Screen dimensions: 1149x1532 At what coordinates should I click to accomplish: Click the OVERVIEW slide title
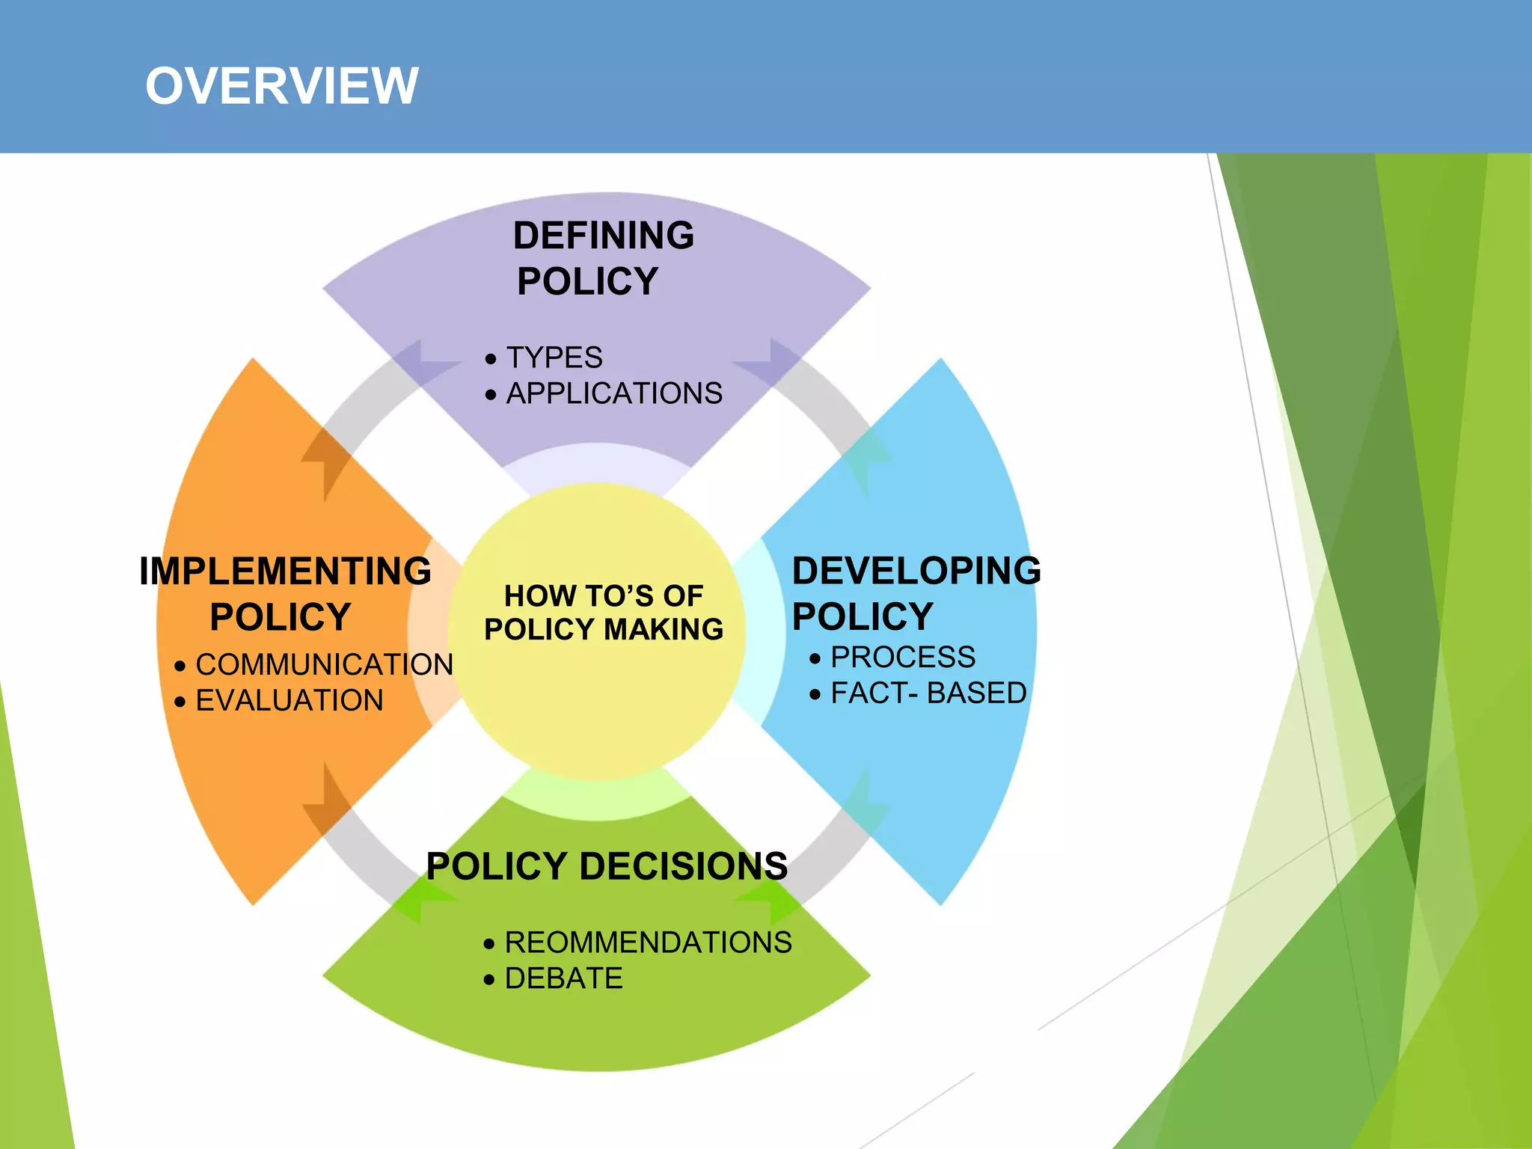(281, 86)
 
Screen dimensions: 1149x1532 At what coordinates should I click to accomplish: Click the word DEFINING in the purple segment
(603, 236)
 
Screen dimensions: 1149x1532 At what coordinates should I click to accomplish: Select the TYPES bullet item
(554, 358)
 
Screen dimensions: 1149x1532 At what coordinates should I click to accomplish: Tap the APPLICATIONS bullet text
(614, 393)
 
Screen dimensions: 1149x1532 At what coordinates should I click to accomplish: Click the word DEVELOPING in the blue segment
(916, 571)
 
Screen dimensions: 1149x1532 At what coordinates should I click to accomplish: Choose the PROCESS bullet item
(902, 658)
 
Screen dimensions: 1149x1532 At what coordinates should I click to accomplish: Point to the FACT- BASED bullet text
(928, 693)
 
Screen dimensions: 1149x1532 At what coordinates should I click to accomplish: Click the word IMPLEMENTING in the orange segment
(285, 572)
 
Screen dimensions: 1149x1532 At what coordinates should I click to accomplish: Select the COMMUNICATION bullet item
(324, 665)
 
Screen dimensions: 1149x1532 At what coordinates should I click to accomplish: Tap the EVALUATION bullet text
(289, 701)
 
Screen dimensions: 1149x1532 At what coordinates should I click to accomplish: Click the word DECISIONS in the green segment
(683, 866)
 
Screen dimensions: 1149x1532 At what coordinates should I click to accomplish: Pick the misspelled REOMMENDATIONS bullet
(648, 943)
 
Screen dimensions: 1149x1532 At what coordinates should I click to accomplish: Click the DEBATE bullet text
(563, 978)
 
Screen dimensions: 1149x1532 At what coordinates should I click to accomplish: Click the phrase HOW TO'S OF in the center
(603, 596)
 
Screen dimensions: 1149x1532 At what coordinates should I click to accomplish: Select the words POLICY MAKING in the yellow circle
(603, 630)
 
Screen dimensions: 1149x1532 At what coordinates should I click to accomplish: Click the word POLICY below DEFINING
(587, 282)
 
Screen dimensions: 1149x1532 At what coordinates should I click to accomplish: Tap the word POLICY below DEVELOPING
(862, 617)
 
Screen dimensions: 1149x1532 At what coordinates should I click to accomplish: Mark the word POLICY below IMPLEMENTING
(280, 618)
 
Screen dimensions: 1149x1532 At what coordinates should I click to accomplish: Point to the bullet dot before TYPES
(491, 360)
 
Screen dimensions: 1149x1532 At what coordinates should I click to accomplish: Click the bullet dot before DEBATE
(489, 980)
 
